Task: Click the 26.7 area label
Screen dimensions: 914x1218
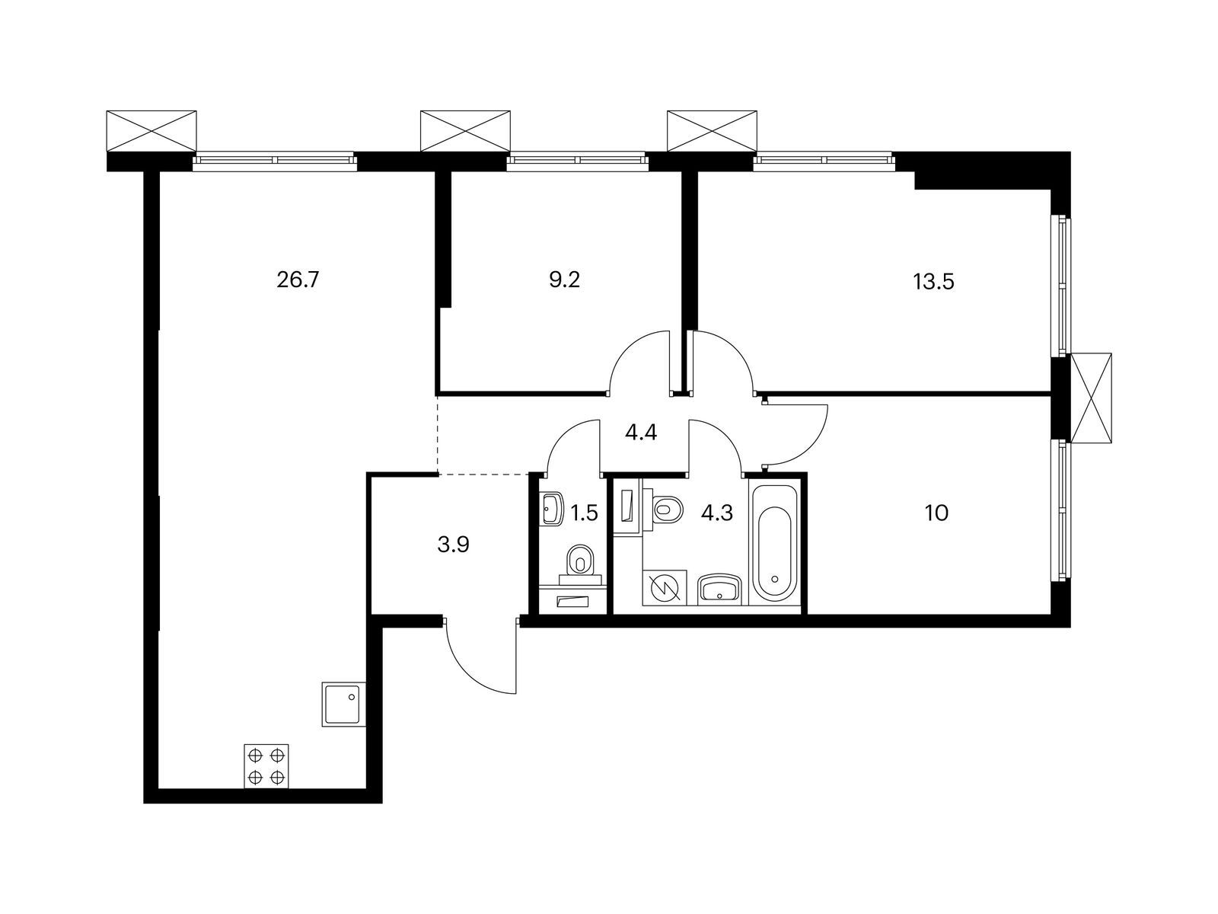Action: [x=297, y=280]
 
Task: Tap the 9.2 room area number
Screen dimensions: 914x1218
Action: [x=564, y=280]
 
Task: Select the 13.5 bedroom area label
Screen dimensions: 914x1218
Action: [x=933, y=283]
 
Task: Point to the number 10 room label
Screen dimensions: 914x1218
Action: [x=936, y=513]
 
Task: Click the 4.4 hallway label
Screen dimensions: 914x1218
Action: [x=640, y=433]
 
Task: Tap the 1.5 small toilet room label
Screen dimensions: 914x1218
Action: [x=584, y=513]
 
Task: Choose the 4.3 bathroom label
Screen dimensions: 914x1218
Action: [x=716, y=513]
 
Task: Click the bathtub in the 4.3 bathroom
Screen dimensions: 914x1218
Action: [x=774, y=542]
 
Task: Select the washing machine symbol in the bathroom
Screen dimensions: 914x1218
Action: [x=664, y=588]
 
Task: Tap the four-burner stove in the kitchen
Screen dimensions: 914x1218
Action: [x=266, y=766]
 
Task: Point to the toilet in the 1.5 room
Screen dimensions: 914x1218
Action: [x=582, y=561]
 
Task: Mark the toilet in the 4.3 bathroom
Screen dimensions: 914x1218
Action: [x=667, y=508]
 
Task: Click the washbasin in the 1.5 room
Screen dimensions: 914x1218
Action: [x=552, y=509]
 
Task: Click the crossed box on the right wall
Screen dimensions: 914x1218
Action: [x=1091, y=398]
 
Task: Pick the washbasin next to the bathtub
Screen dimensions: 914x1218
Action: [x=720, y=589]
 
